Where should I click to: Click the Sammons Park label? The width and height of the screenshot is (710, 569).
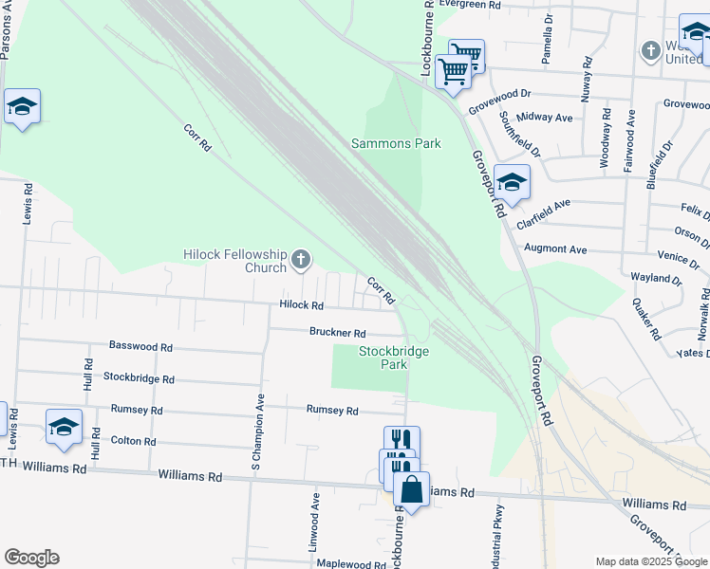[x=396, y=144]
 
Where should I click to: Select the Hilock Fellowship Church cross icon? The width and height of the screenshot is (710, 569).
[x=301, y=259]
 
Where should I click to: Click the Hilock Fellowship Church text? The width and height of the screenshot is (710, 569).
[x=234, y=261]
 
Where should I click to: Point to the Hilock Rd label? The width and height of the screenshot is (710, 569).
[x=302, y=305]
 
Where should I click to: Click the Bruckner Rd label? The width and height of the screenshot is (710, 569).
[x=337, y=333]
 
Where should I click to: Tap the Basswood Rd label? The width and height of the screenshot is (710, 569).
[x=140, y=347]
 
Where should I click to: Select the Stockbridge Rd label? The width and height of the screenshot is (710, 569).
[x=139, y=378]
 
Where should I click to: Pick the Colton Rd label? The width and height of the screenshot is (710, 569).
[x=133, y=441]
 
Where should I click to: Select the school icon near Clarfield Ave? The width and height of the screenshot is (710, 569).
[x=512, y=183]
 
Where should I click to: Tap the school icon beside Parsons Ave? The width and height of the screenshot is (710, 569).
[x=21, y=107]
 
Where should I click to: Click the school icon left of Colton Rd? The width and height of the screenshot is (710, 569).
[x=64, y=428]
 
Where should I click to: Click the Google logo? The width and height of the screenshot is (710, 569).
[x=30, y=558]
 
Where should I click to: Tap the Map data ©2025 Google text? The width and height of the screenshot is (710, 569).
[x=650, y=561]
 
